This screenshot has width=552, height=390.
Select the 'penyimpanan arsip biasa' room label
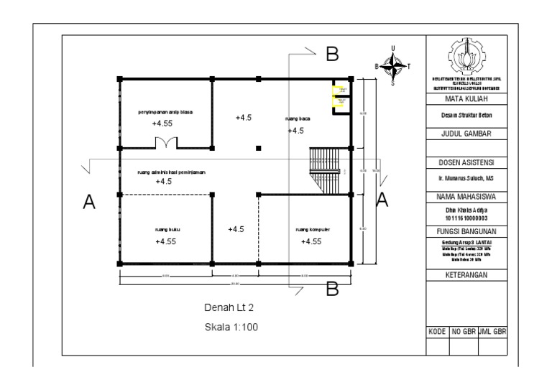coord(165,112)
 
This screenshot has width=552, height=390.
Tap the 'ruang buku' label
coord(167,230)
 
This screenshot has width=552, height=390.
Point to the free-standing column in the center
coord(258,148)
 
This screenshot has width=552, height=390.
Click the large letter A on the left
coord(89,203)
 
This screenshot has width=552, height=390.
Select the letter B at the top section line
coord(331,53)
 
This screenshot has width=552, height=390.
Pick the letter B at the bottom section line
coord(332,288)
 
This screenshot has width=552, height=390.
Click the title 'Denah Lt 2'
coord(229,308)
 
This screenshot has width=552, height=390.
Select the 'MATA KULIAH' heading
coord(467,98)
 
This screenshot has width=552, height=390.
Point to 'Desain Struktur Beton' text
coord(467,115)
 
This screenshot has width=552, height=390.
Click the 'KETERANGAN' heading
coord(467,275)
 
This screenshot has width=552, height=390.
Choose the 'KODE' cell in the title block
coord(437,333)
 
